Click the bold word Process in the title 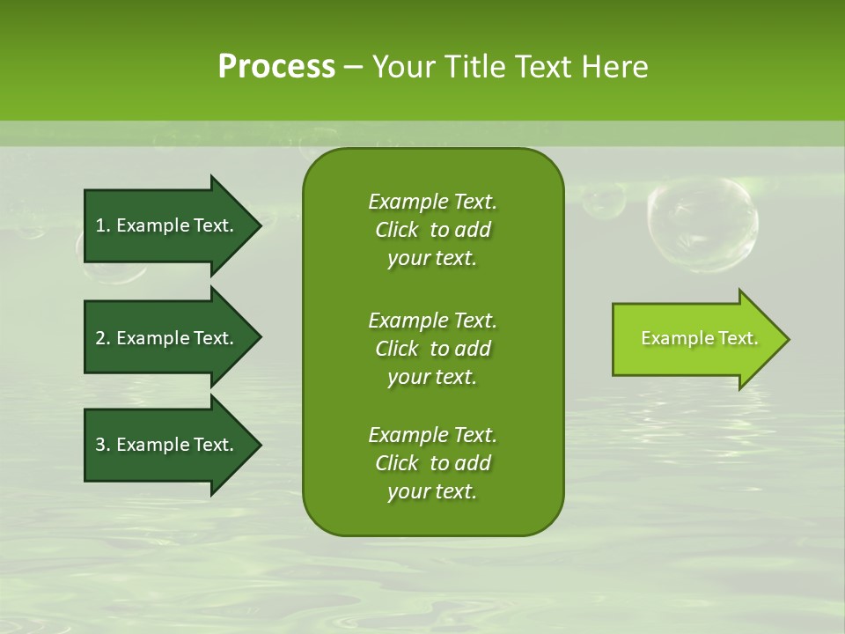click(276, 67)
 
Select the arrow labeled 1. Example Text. click(167, 225)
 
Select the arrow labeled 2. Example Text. click(167, 338)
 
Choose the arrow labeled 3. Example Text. click(167, 445)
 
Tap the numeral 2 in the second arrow click(100, 338)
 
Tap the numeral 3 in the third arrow click(100, 445)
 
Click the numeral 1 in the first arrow click(100, 225)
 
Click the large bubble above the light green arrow click(702, 224)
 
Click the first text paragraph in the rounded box click(432, 230)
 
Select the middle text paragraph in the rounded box click(432, 348)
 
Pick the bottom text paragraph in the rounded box click(432, 463)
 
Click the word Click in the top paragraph click(396, 230)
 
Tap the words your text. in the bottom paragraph click(432, 491)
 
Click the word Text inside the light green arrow click(738, 338)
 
